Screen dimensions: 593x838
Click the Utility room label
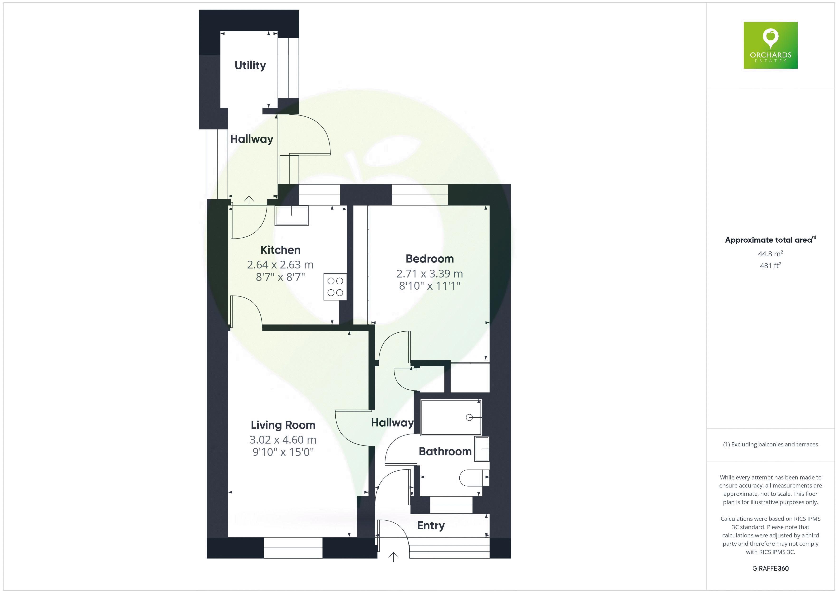click(x=250, y=65)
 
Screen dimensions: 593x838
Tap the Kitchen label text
click(x=280, y=250)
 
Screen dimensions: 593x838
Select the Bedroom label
click(x=430, y=259)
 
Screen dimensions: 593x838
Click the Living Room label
click(x=283, y=425)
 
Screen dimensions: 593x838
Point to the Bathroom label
click(x=445, y=451)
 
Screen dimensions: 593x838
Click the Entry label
click(x=431, y=526)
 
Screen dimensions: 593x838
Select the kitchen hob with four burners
click(x=335, y=287)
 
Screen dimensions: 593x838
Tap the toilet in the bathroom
click(x=473, y=478)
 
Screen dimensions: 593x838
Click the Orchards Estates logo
click(x=771, y=45)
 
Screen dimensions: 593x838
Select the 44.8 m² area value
click(x=771, y=253)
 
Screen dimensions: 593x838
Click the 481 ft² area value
click(x=771, y=266)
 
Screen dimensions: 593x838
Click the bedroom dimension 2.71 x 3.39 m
click(x=430, y=273)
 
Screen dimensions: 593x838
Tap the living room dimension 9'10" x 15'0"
click(x=283, y=452)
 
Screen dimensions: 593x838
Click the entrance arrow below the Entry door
click(x=393, y=556)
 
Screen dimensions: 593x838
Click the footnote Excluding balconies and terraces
click(x=771, y=444)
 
